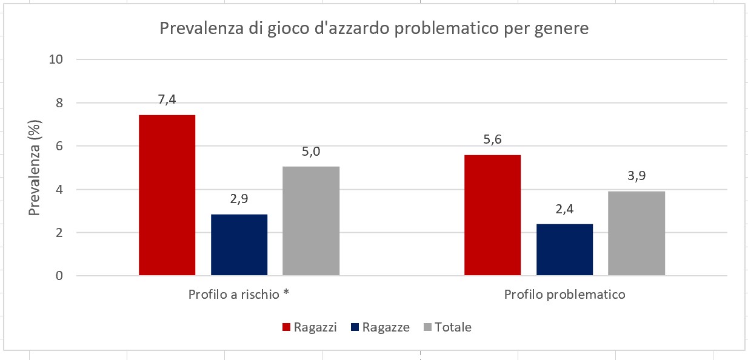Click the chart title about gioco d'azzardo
click(373, 28)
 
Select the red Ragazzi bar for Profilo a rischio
click(167, 195)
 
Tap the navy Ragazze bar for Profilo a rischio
click(239, 245)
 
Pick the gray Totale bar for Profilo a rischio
click(311, 221)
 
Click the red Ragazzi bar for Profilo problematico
click(492, 215)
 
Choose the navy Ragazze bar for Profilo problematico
click(564, 250)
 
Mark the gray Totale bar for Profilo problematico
click(636, 233)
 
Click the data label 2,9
click(239, 199)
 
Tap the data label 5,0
click(311, 152)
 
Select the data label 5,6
click(492, 140)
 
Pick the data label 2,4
click(564, 209)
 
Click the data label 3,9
click(636, 176)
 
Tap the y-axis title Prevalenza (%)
click(35, 168)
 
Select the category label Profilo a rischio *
click(238, 295)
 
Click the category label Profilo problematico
click(564, 295)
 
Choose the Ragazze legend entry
click(379, 327)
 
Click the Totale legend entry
click(447, 327)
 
